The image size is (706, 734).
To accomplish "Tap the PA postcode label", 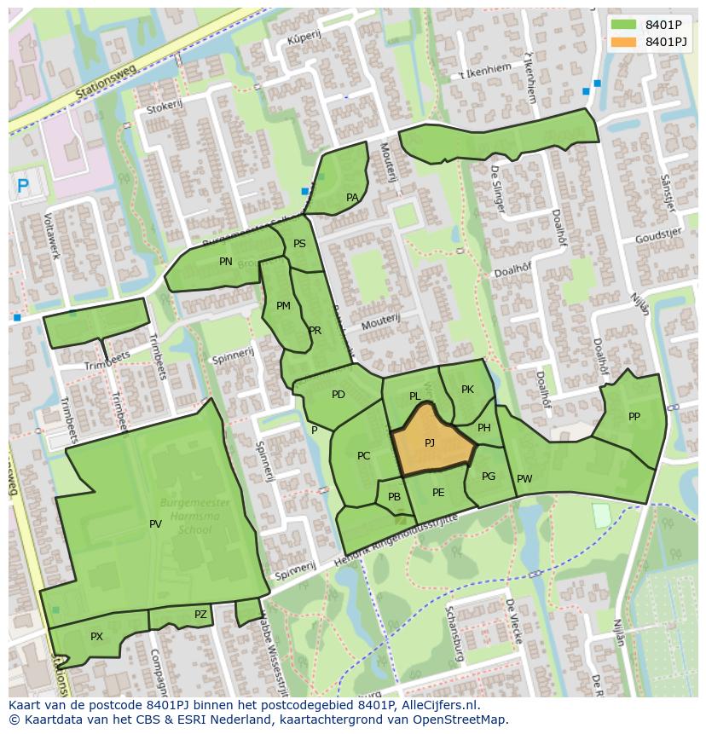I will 352,198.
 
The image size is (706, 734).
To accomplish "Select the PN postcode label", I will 226,262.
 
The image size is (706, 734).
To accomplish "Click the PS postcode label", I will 299,244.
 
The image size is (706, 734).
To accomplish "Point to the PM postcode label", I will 283,306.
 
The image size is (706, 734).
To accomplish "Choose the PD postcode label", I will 339,395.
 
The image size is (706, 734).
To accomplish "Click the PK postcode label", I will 467,390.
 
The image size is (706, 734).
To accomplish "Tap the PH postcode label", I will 483,429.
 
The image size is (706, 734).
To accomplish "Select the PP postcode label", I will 634,417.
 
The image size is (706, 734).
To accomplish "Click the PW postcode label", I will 524,479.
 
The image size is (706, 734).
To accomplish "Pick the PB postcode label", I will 394,497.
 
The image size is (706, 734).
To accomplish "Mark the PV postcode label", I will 155,524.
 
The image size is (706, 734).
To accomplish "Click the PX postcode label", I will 96,637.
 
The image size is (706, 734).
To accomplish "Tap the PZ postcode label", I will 200,615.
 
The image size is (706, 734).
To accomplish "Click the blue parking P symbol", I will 23,184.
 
